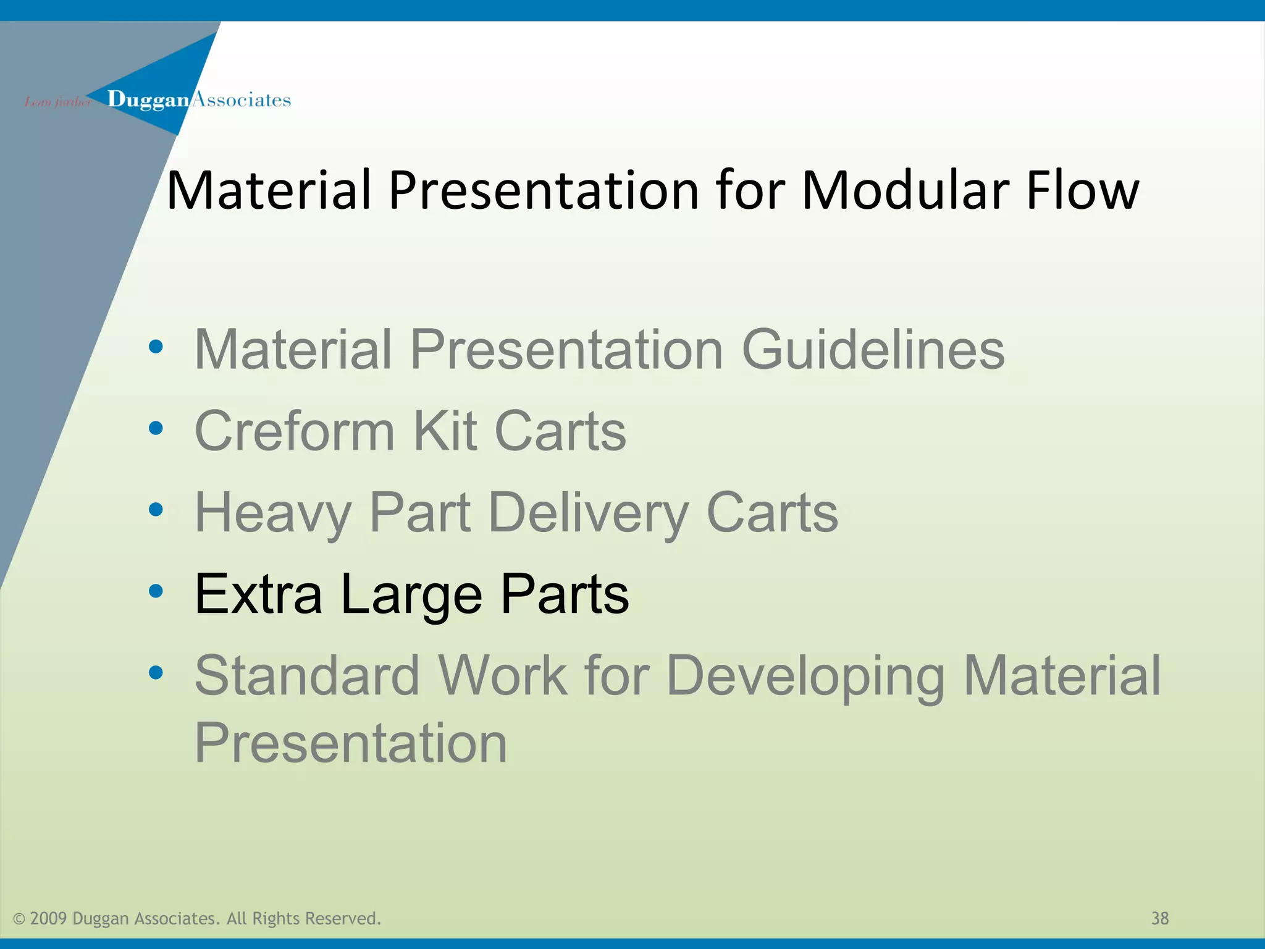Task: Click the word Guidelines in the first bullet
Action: click(x=873, y=350)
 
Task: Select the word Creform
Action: click(x=294, y=431)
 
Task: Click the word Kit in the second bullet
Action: click(x=445, y=431)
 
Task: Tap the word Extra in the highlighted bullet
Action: click(x=258, y=594)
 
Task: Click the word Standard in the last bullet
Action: click(x=307, y=675)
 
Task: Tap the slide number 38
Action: click(x=1159, y=919)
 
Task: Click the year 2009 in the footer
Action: click(x=48, y=919)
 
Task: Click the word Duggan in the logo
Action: click(x=148, y=100)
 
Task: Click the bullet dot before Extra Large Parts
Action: click(x=156, y=591)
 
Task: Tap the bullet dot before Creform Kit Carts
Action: click(x=156, y=428)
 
